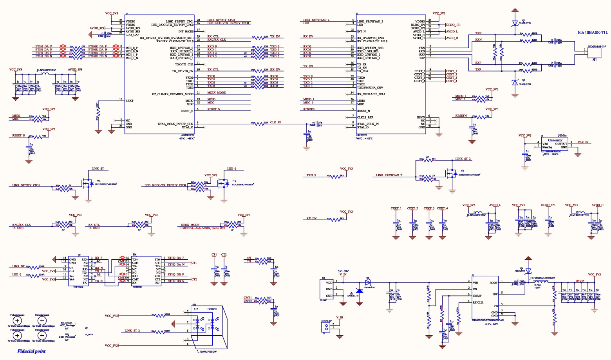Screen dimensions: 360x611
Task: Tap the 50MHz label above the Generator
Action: coord(562,136)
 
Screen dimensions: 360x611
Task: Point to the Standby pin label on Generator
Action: coord(547,147)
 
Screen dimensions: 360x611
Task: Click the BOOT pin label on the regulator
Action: coord(493,282)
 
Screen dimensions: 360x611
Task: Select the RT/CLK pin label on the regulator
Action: coord(478,302)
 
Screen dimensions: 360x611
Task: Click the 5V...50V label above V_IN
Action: coord(343,271)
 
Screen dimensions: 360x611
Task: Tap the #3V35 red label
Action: coord(580,281)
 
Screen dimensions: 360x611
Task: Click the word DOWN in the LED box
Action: coord(212,309)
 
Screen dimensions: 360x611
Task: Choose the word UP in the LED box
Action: coord(196,309)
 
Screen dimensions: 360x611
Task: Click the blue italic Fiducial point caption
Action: coord(31,351)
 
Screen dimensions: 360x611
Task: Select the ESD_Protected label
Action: coord(67,336)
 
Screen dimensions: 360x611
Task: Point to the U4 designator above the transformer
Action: coord(135,254)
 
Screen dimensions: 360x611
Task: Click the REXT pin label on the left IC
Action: coord(130,101)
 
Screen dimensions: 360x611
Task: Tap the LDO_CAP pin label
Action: coord(132,34)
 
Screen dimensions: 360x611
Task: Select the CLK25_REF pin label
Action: coord(365,117)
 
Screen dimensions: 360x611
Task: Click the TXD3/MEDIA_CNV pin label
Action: coord(370,88)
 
